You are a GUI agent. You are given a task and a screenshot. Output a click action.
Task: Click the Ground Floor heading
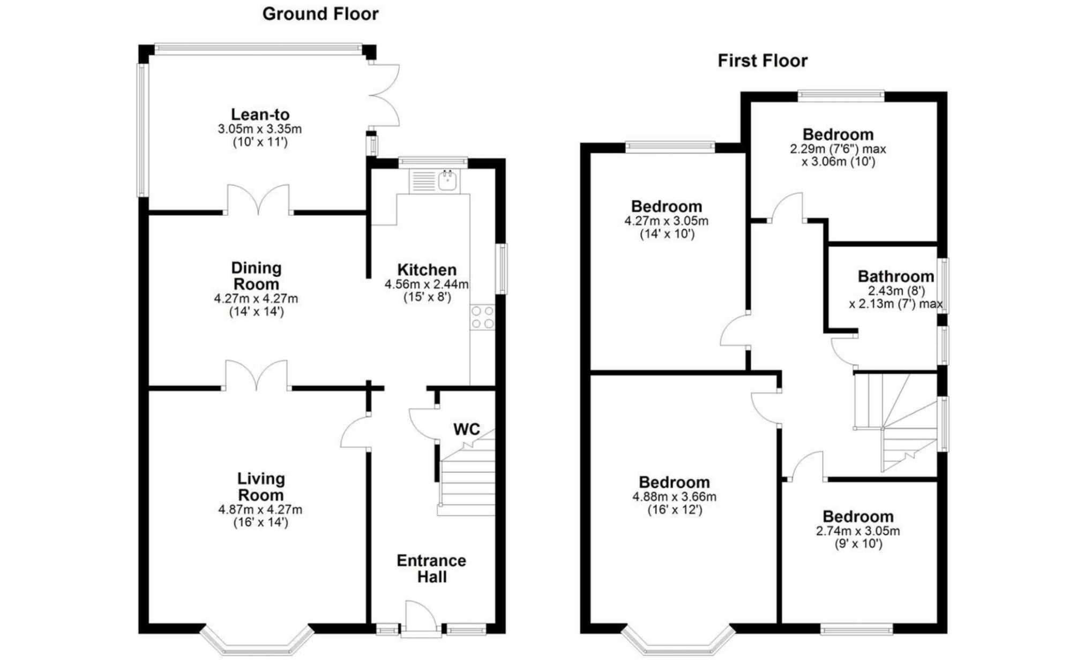(x=320, y=14)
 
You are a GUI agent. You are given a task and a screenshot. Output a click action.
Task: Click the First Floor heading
(x=762, y=61)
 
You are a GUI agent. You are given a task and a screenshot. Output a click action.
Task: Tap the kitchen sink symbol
(x=447, y=180)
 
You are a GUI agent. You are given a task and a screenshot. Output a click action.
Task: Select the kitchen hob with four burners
(x=482, y=317)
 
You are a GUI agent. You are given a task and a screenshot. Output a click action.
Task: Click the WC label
(x=466, y=429)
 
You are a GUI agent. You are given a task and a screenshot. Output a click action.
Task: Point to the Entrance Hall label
(x=431, y=569)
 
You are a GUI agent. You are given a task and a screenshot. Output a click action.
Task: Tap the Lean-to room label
(x=260, y=114)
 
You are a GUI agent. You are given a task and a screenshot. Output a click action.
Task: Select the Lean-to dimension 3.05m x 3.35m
(x=259, y=129)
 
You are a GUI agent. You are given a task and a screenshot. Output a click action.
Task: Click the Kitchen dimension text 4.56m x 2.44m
(x=427, y=284)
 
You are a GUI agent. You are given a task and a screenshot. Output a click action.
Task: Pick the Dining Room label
(x=256, y=276)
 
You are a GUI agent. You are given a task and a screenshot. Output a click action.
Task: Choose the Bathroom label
(x=895, y=276)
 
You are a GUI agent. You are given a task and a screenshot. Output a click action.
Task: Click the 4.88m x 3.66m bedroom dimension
(x=674, y=496)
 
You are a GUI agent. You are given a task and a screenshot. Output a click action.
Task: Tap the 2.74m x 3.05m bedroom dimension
(x=857, y=531)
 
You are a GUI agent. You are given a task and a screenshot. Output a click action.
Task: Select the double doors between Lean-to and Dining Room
(x=259, y=200)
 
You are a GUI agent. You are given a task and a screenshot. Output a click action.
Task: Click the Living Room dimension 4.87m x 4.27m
(x=260, y=509)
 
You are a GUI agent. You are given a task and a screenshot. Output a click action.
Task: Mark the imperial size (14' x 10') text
(x=667, y=234)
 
